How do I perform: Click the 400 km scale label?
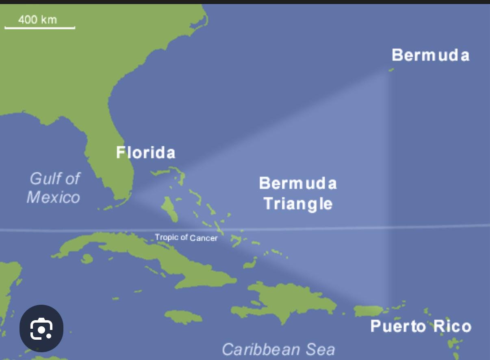coord(37,20)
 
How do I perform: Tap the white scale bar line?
coord(40,28)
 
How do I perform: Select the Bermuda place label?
coord(430,55)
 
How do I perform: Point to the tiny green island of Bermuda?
coord(391,70)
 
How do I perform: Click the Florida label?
coord(145,152)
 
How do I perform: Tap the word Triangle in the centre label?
coord(298,204)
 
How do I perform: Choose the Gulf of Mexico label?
coord(54,188)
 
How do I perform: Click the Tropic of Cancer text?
coord(186,238)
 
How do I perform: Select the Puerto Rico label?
coord(421,326)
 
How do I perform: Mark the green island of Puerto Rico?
coord(369,311)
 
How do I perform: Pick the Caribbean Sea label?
coord(278,349)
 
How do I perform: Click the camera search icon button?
coord(41,328)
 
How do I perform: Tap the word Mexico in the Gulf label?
coord(53,197)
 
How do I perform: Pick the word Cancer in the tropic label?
coord(204,238)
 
